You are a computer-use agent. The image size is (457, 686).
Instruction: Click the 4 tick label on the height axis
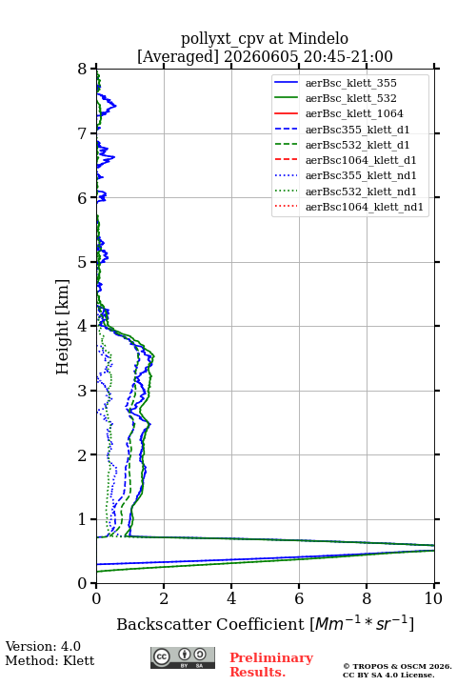point(83,326)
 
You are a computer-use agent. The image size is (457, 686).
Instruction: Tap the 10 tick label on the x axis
point(433,598)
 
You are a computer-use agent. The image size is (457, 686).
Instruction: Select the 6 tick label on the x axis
point(299,598)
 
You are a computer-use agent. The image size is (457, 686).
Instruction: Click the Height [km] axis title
point(63,327)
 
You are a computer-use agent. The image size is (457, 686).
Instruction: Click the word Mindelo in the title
point(318,38)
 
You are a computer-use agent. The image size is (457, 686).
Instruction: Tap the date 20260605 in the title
point(261,56)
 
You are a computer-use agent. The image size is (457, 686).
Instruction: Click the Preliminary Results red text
point(271,665)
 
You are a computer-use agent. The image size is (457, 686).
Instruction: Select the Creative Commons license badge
point(183,657)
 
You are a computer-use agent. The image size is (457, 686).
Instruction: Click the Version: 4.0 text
point(43,646)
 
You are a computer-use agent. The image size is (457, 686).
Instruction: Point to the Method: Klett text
point(50,660)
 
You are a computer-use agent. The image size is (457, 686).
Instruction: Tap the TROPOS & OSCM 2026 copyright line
point(398,666)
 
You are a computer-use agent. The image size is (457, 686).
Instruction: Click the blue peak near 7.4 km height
point(115,105)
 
